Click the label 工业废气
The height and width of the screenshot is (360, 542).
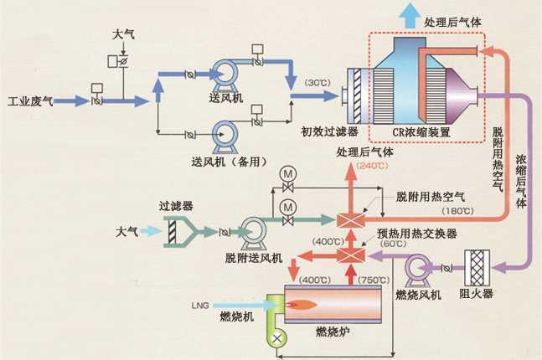click(x=30, y=101)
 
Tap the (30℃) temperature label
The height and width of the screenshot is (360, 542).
click(x=317, y=83)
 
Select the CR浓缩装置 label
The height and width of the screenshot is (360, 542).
click(x=421, y=132)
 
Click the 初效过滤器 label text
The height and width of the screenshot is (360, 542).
click(x=329, y=131)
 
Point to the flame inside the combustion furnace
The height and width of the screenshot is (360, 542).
click(x=302, y=305)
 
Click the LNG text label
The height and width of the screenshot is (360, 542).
click(x=200, y=306)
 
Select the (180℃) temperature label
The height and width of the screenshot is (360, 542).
click(x=457, y=211)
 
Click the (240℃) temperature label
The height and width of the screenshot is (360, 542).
click(x=372, y=166)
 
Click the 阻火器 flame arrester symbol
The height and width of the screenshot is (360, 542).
click(x=477, y=267)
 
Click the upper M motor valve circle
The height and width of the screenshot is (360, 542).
click(x=288, y=174)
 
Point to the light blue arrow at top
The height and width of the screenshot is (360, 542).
click(x=410, y=14)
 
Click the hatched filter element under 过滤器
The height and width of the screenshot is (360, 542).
click(x=172, y=232)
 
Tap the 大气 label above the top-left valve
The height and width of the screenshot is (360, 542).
click(x=122, y=34)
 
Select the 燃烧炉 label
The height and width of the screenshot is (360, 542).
click(x=333, y=332)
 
